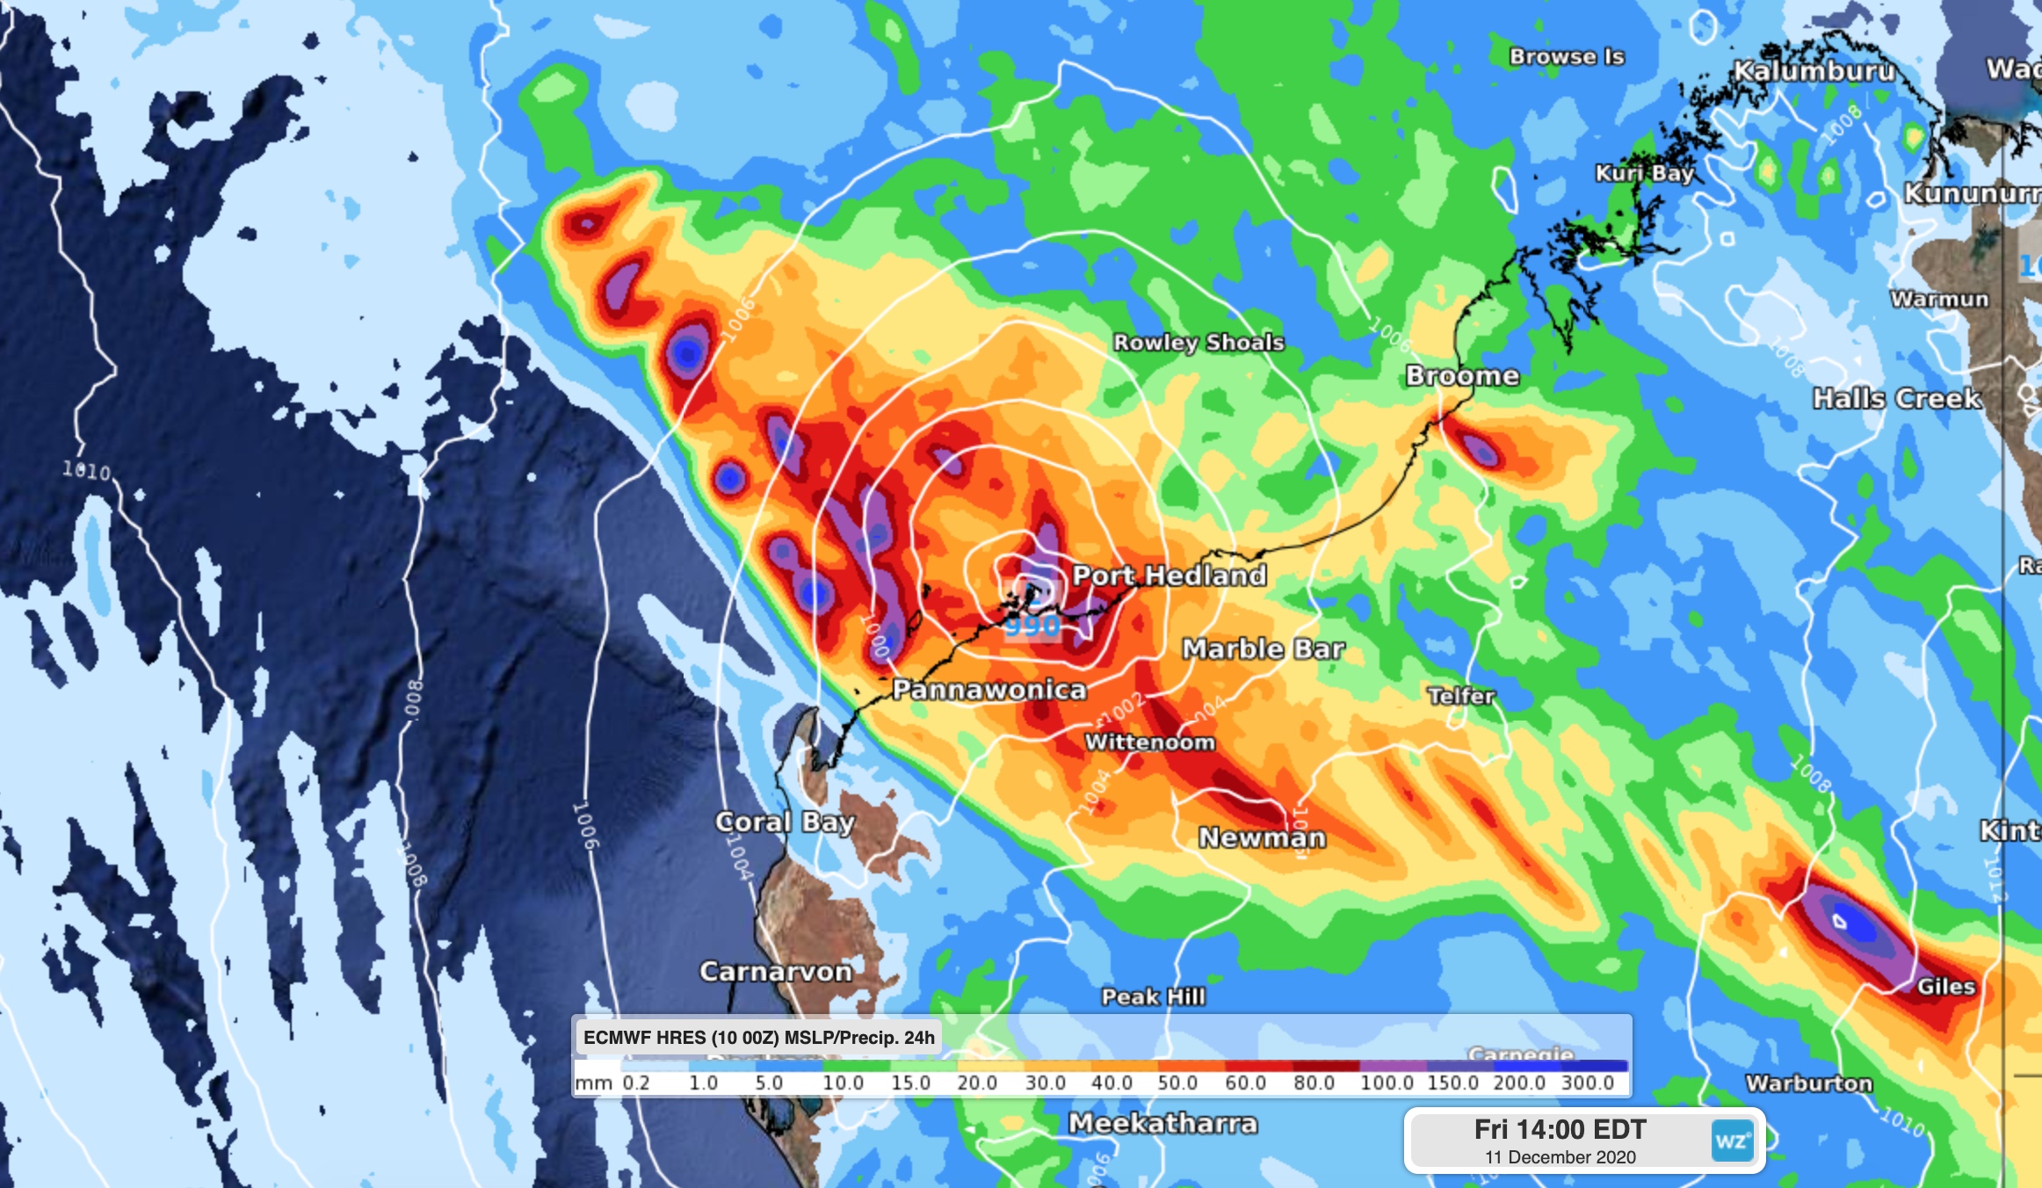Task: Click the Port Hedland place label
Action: (x=1169, y=576)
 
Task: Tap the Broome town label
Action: (x=1462, y=375)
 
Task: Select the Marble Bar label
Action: (x=1263, y=648)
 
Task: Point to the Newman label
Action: (x=1262, y=837)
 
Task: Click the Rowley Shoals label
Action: (x=1198, y=342)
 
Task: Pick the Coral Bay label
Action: (x=785, y=822)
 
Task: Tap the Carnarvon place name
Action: (x=776, y=971)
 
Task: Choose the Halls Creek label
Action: (x=1897, y=398)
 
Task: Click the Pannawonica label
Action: (x=989, y=690)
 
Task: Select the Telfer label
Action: (x=1460, y=696)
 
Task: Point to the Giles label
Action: (x=1945, y=986)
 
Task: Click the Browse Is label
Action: (x=1567, y=56)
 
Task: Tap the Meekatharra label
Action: (x=1162, y=1123)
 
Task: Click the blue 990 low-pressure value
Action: (x=1032, y=626)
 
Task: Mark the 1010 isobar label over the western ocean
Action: (x=87, y=471)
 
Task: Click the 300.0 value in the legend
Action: (x=1587, y=1083)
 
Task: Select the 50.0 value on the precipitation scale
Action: (x=1177, y=1083)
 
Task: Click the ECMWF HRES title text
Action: (x=758, y=1038)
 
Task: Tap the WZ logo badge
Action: (x=1732, y=1141)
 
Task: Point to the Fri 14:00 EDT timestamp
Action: (x=1560, y=1129)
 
